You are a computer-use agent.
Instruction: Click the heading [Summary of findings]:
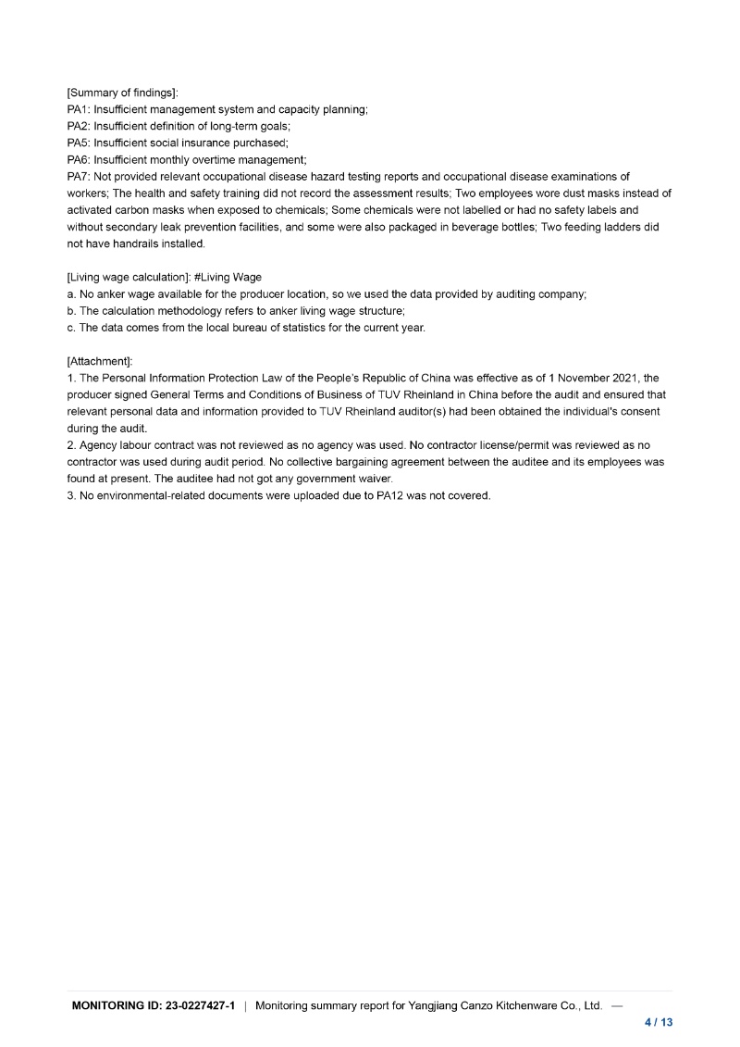coord(123,93)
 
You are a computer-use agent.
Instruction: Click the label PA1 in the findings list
coord(79,109)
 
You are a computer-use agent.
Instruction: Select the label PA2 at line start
coord(79,126)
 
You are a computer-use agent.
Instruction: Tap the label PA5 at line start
coord(79,143)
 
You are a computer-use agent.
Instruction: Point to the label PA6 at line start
coord(79,159)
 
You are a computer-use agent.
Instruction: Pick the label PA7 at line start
coord(79,176)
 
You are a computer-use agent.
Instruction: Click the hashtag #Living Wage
coord(228,277)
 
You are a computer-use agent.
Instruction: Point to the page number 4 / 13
coord(659,1022)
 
